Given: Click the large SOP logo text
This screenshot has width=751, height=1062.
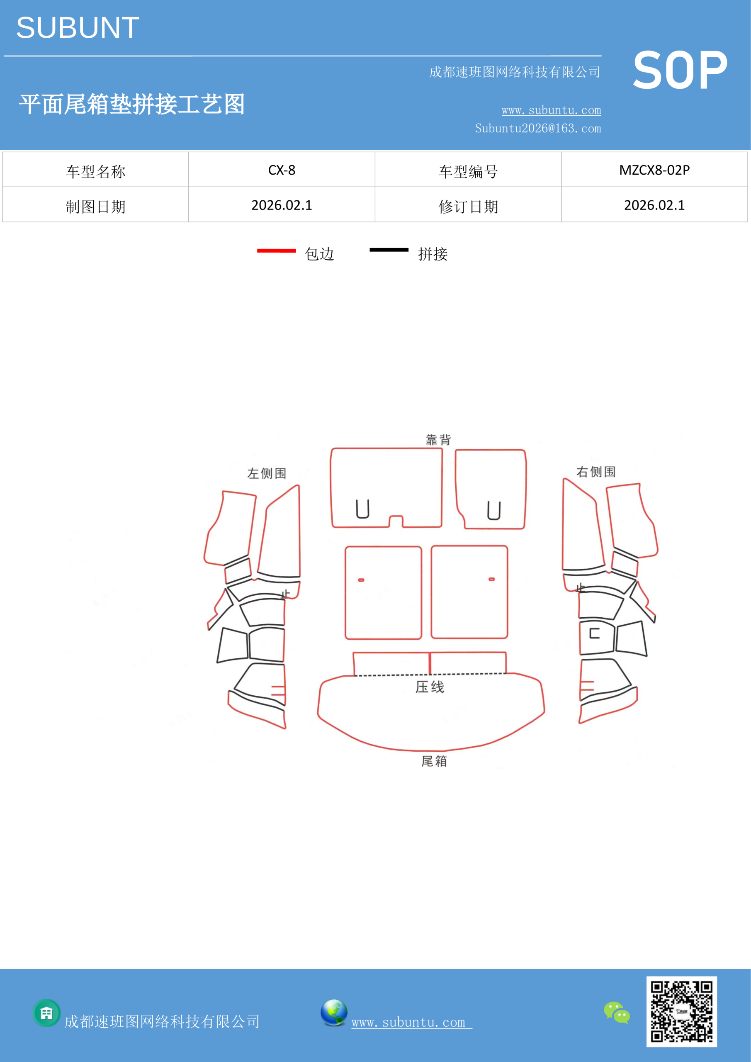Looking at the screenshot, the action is [680, 70].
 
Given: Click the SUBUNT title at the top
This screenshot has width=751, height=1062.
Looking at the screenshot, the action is [78, 28].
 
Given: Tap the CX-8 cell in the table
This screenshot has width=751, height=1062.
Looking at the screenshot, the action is [282, 170].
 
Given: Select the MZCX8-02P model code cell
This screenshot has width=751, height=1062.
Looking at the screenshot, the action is [654, 170].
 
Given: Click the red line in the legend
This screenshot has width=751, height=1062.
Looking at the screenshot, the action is [276, 251].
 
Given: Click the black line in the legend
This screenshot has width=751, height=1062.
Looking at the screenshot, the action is [389, 250].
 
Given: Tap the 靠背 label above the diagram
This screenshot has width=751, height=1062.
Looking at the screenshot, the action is [438, 439].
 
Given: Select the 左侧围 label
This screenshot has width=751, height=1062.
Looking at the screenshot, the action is [266, 473].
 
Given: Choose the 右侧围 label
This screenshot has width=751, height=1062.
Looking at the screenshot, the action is [595, 471].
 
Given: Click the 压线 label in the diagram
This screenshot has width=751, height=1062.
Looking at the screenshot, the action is [430, 687].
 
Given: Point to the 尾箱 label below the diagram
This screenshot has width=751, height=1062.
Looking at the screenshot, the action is [434, 761].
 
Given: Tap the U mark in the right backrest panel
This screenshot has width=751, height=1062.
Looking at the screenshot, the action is [494, 511].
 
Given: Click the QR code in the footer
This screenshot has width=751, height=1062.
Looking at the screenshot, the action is [682, 1011].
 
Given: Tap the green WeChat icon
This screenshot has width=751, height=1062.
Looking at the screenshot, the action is [617, 1013].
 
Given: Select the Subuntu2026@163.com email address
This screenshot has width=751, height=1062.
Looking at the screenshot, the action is [538, 128].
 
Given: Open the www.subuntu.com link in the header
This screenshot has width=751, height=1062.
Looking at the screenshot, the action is [551, 110].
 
